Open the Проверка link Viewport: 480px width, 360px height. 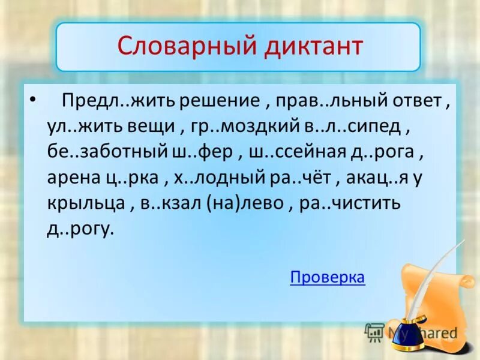[327, 277]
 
